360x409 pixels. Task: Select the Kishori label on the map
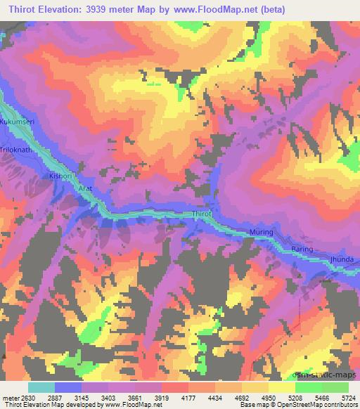(59, 176)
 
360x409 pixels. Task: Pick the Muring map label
(261, 232)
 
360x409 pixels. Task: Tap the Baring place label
(302, 249)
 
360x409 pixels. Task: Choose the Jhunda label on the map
(342, 259)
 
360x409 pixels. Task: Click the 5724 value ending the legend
(349, 398)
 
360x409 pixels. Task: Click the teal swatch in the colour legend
(41, 387)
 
